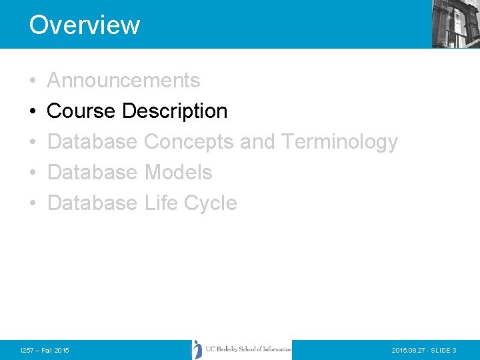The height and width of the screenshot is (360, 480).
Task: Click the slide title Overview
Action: tap(85, 25)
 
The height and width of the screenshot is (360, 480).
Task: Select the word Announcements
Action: tap(124, 80)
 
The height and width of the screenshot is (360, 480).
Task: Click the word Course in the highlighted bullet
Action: tap(81, 111)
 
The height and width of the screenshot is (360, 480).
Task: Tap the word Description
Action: tap(175, 111)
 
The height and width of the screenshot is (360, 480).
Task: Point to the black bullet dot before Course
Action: tap(33, 111)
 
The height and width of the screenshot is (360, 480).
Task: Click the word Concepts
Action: tap(189, 142)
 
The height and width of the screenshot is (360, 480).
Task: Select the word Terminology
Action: tap(339, 142)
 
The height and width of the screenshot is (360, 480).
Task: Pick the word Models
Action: tap(179, 172)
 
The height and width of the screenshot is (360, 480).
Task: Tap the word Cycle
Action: tap(211, 203)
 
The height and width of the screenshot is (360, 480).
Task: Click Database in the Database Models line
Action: tap(93, 172)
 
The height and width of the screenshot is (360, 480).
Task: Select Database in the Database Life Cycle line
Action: tap(93, 203)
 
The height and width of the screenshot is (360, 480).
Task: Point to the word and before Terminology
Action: tap(257, 141)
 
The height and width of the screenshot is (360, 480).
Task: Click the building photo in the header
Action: tap(456, 24)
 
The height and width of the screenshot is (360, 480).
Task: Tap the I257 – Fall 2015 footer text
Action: tap(45, 350)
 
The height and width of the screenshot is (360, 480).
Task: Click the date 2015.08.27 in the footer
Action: tap(405, 350)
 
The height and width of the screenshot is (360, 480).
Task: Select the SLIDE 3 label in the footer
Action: tap(443, 350)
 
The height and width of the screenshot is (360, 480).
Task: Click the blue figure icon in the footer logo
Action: tap(197, 349)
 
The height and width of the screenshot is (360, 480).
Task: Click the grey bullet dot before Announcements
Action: tap(33, 81)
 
